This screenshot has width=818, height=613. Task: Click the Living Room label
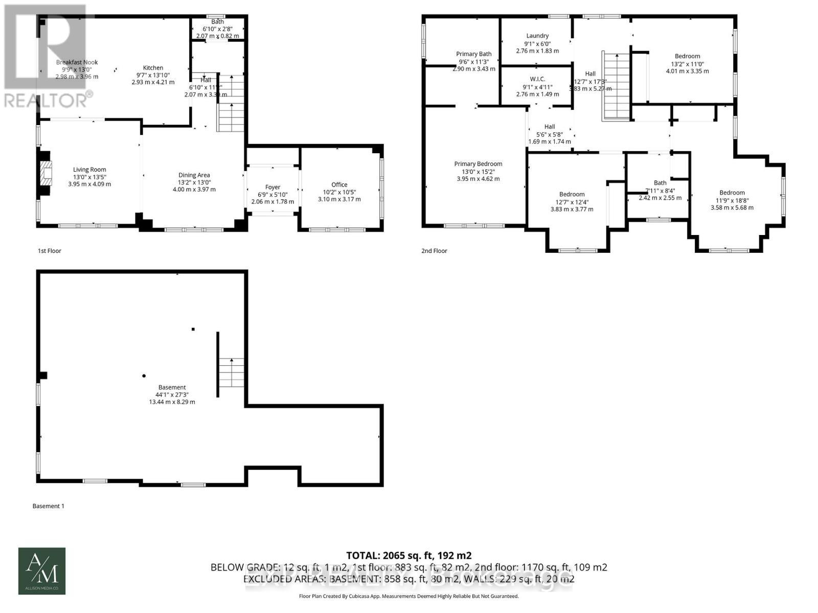[89, 170]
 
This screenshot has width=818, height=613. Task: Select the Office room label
[339, 185]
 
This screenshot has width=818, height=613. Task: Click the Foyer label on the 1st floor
[272, 187]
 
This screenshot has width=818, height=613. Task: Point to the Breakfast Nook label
[77, 62]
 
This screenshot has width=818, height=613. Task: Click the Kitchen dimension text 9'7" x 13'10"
[153, 75]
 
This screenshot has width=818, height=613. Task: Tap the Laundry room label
[537, 36]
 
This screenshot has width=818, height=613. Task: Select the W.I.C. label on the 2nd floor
[537, 79]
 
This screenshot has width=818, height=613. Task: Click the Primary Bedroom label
[478, 164]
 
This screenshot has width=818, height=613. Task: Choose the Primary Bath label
[474, 54]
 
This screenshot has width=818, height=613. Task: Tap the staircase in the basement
[232, 372]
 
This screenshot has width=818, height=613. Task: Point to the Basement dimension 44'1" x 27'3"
[172, 394]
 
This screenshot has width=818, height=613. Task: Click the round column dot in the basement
[144, 376]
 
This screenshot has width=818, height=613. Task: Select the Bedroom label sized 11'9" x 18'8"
[732, 193]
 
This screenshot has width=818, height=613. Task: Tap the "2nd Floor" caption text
[434, 251]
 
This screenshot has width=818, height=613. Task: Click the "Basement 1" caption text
[49, 506]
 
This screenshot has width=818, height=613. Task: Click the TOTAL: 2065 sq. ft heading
[408, 555]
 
